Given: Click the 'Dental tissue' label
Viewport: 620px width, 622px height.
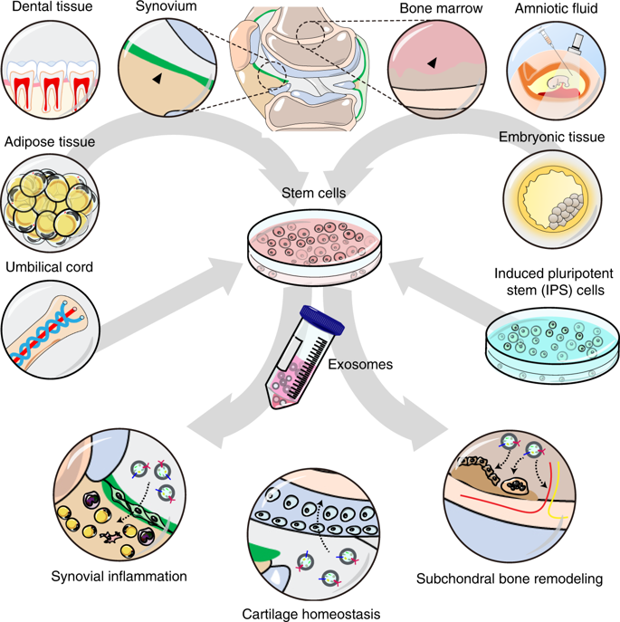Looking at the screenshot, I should (46, 8).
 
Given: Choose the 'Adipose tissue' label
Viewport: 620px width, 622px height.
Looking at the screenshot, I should (50, 142).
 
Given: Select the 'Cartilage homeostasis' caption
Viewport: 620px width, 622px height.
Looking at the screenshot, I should (310, 613).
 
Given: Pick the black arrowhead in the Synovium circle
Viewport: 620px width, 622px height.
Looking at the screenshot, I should (158, 80).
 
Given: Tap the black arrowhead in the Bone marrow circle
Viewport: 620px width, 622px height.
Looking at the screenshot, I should (433, 62).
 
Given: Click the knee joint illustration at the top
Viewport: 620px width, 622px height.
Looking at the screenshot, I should (302, 59).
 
